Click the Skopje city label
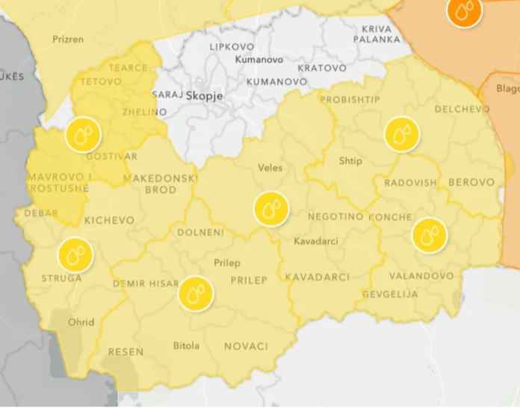click(204, 95)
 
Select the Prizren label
click(68, 39)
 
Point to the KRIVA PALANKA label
click(377, 34)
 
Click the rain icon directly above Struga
click(75, 255)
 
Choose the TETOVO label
click(100, 81)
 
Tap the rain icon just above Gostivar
click(83, 135)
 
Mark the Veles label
click(270, 168)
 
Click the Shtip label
click(350, 161)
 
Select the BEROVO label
click(471, 182)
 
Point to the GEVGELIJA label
click(390, 294)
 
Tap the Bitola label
click(186, 345)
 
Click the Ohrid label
click(81, 322)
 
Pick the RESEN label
click(126, 351)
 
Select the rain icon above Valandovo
click(429, 236)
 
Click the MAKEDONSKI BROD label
click(160, 184)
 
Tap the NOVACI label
click(246, 346)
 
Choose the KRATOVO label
click(322, 68)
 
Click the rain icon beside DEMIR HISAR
click(196, 294)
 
